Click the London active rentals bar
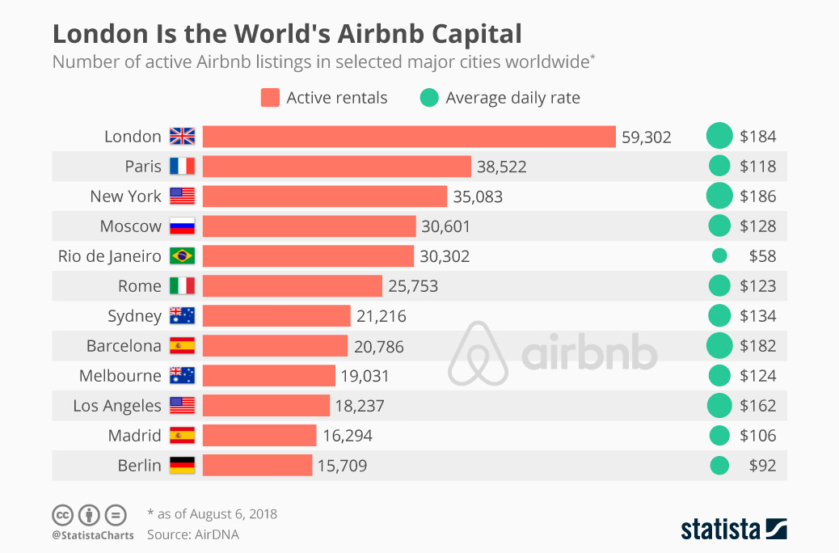point(409,137)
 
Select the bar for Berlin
point(257,465)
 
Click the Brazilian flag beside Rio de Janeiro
point(182,256)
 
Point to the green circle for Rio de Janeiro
point(719,255)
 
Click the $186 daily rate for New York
point(757,196)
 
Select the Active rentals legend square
point(270,98)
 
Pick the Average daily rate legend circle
point(429,98)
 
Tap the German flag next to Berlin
point(182,465)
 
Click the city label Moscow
point(131,226)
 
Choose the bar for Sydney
point(276,315)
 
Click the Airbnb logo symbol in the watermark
point(478,353)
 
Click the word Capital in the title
point(476,34)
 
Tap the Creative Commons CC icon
point(63,514)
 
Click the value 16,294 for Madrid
point(347,436)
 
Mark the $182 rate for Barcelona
point(757,346)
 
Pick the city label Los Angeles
point(117,405)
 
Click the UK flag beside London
point(182,137)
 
